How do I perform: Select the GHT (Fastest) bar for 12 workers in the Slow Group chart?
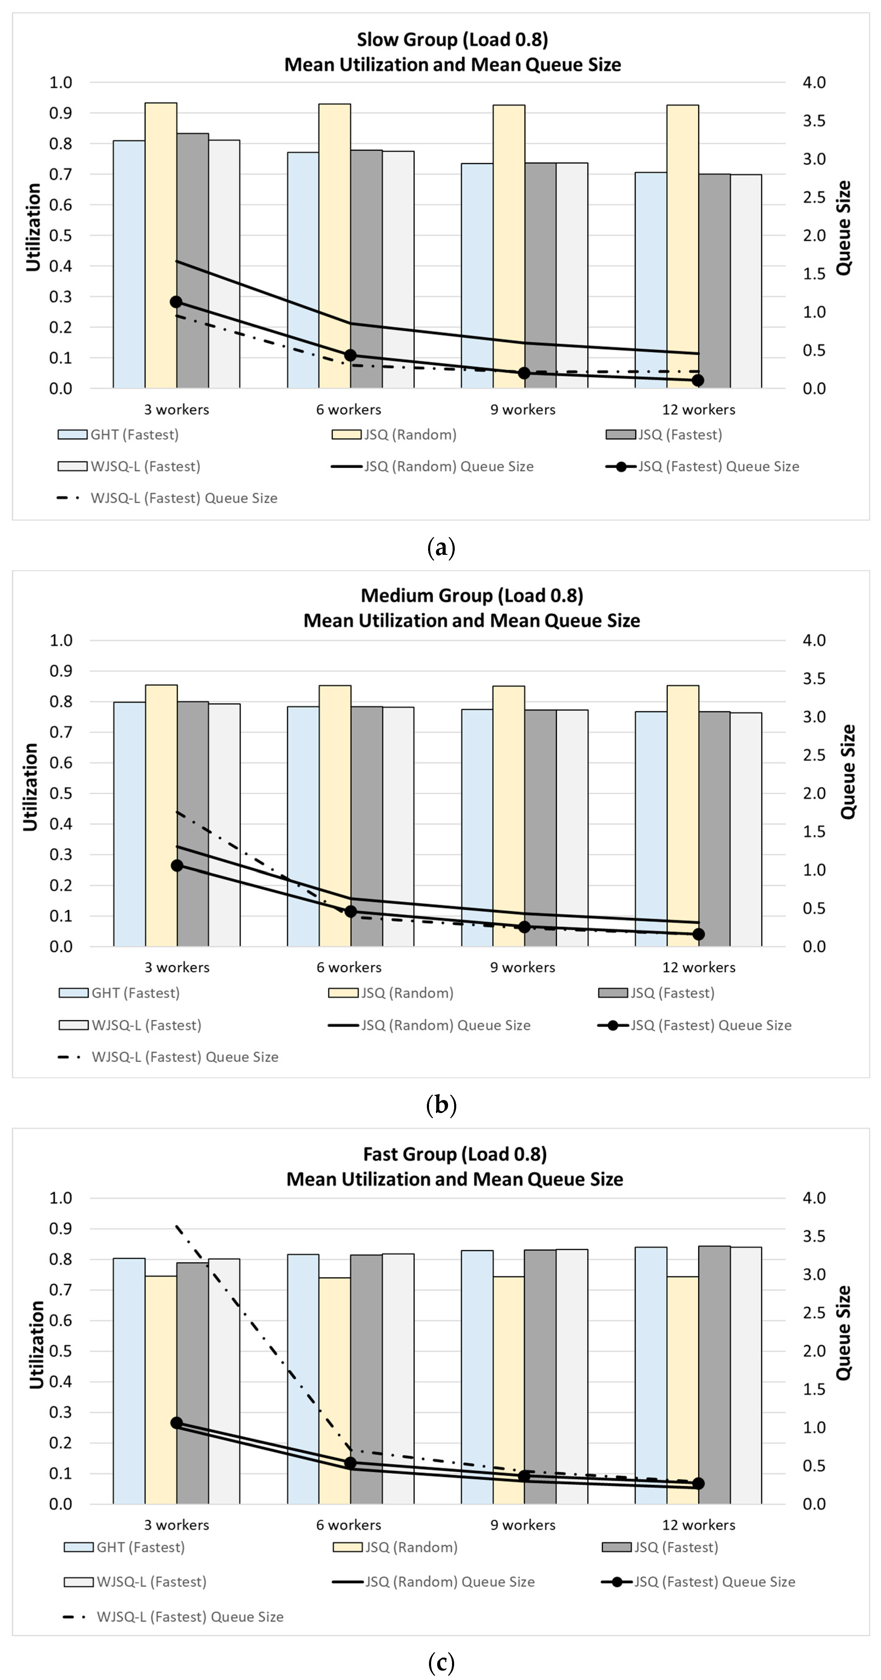(651, 280)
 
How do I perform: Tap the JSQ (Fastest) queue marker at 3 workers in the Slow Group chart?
(176, 302)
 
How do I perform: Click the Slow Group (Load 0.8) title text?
(452, 40)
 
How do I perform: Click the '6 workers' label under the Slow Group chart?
(348, 410)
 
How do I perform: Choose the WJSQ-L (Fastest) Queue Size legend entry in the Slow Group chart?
(183, 498)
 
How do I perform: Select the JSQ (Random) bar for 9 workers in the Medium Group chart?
(508, 815)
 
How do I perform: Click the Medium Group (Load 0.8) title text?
(472, 595)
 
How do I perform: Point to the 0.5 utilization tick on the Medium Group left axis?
(61, 793)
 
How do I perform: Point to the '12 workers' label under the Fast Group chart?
(698, 1525)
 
